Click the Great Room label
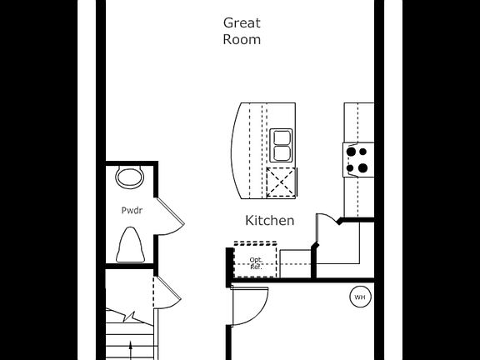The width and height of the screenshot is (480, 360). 242,31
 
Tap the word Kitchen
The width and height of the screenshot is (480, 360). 269,221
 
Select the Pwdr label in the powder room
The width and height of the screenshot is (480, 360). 132,211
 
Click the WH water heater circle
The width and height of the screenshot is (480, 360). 360,297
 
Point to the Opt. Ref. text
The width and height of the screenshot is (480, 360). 256,263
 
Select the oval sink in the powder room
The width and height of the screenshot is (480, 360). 129,177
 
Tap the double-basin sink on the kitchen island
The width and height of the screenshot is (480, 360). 281,146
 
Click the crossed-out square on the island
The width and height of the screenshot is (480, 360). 281,181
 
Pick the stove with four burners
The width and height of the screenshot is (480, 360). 357,159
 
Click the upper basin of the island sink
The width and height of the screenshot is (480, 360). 281,137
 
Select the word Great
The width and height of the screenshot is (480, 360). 242,22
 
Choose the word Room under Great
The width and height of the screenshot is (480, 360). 242,39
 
